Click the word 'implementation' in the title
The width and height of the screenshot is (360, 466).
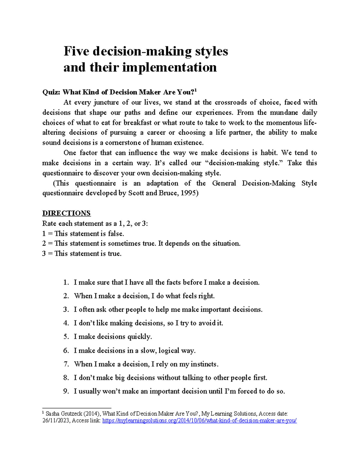[169, 68]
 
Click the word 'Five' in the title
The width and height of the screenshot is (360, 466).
[76, 51]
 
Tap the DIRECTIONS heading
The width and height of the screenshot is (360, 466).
[66, 213]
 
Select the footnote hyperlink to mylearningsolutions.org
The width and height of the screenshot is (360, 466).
[199, 421]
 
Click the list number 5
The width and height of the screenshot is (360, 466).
[66, 337]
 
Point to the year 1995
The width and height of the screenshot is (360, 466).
[189, 193]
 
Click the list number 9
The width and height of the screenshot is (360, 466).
[66, 391]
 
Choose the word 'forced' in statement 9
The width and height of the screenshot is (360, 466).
[247, 391]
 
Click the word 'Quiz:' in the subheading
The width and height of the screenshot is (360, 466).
[51, 92]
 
